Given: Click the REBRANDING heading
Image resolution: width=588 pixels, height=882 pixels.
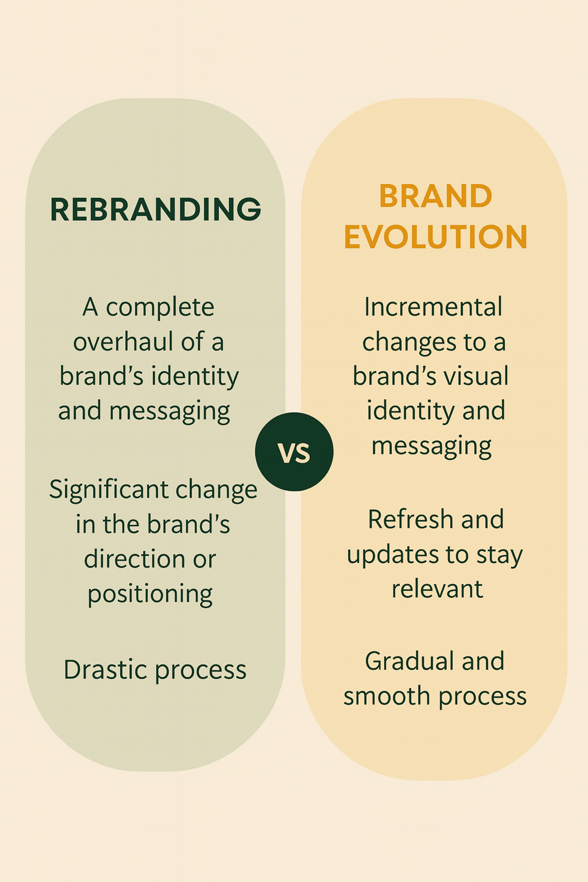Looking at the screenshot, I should [x=156, y=209].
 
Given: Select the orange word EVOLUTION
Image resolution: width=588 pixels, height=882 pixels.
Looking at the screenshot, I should [x=436, y=237].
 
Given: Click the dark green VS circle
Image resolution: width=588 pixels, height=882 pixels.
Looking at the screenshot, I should [x=294, y=452].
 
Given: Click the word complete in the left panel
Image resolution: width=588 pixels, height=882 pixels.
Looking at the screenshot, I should [x=160, y=308].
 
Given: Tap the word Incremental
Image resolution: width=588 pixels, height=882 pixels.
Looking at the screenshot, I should [x=433, y=307].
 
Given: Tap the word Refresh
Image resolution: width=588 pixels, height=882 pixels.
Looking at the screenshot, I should [x=410, y=519].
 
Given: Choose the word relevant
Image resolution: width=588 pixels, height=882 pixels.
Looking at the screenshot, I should [x=437, y=589].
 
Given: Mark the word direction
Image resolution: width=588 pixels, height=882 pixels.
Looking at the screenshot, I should [x=134, y=559].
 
